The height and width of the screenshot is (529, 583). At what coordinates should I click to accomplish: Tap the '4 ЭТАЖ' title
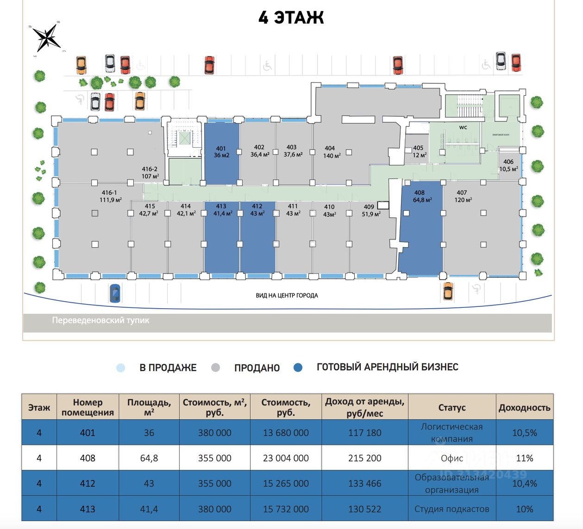291,18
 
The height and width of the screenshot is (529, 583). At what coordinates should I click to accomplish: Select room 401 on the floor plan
221,153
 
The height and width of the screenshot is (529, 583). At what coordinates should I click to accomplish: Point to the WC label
463,127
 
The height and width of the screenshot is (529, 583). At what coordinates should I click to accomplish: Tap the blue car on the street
115,293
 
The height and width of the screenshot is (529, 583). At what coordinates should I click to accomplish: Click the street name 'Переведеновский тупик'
100,320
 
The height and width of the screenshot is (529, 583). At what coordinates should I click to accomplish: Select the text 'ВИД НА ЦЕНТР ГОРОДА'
287,295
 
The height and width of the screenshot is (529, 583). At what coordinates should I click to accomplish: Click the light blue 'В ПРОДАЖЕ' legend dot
121,368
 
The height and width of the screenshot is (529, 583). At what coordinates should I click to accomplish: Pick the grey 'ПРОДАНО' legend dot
215,368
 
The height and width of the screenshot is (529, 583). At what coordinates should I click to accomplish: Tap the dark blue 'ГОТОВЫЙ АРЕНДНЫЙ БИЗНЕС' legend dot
298,367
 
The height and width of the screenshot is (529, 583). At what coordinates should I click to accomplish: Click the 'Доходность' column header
524,408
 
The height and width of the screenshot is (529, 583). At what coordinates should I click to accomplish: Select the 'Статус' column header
451,408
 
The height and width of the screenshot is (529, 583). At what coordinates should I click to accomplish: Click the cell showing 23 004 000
286,458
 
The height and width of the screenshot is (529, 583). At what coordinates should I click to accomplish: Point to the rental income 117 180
364,433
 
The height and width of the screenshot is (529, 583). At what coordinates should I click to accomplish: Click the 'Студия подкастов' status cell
451,509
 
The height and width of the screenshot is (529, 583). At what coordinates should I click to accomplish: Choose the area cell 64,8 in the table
149,458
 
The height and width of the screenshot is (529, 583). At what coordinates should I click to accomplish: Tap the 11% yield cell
524,458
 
